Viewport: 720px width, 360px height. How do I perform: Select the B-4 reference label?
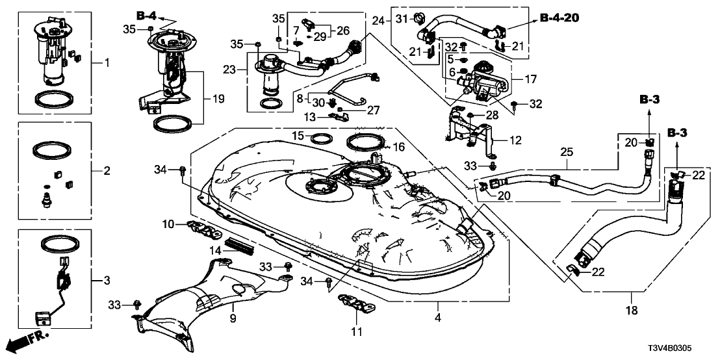[146, 14]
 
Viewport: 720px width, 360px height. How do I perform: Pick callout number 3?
[107, 281]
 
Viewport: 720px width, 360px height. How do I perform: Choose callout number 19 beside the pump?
[218, 99]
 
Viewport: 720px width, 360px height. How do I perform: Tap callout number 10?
[168, 224]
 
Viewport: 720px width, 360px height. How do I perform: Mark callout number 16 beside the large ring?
[398, 147]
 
